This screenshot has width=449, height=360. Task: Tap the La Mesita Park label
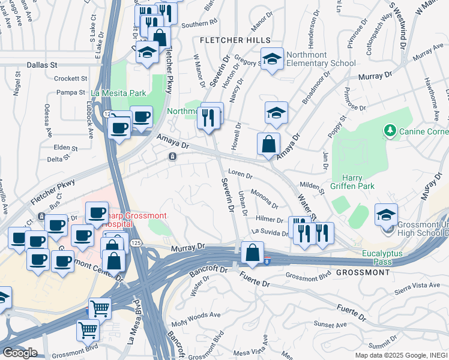coord(118,93)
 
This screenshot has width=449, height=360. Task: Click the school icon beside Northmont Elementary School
coord(273,59)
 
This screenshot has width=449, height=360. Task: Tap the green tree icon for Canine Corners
coord(390,130)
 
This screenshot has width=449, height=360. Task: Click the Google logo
coord(20,353)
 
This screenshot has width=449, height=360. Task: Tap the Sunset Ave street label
coord(333,325)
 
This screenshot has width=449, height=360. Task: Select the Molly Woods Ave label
coord(196,316)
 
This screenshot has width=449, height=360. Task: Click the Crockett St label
coord(71,79)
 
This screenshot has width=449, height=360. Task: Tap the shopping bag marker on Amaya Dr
coord(268,144)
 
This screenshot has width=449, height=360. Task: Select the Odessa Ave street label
coord(47,119)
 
